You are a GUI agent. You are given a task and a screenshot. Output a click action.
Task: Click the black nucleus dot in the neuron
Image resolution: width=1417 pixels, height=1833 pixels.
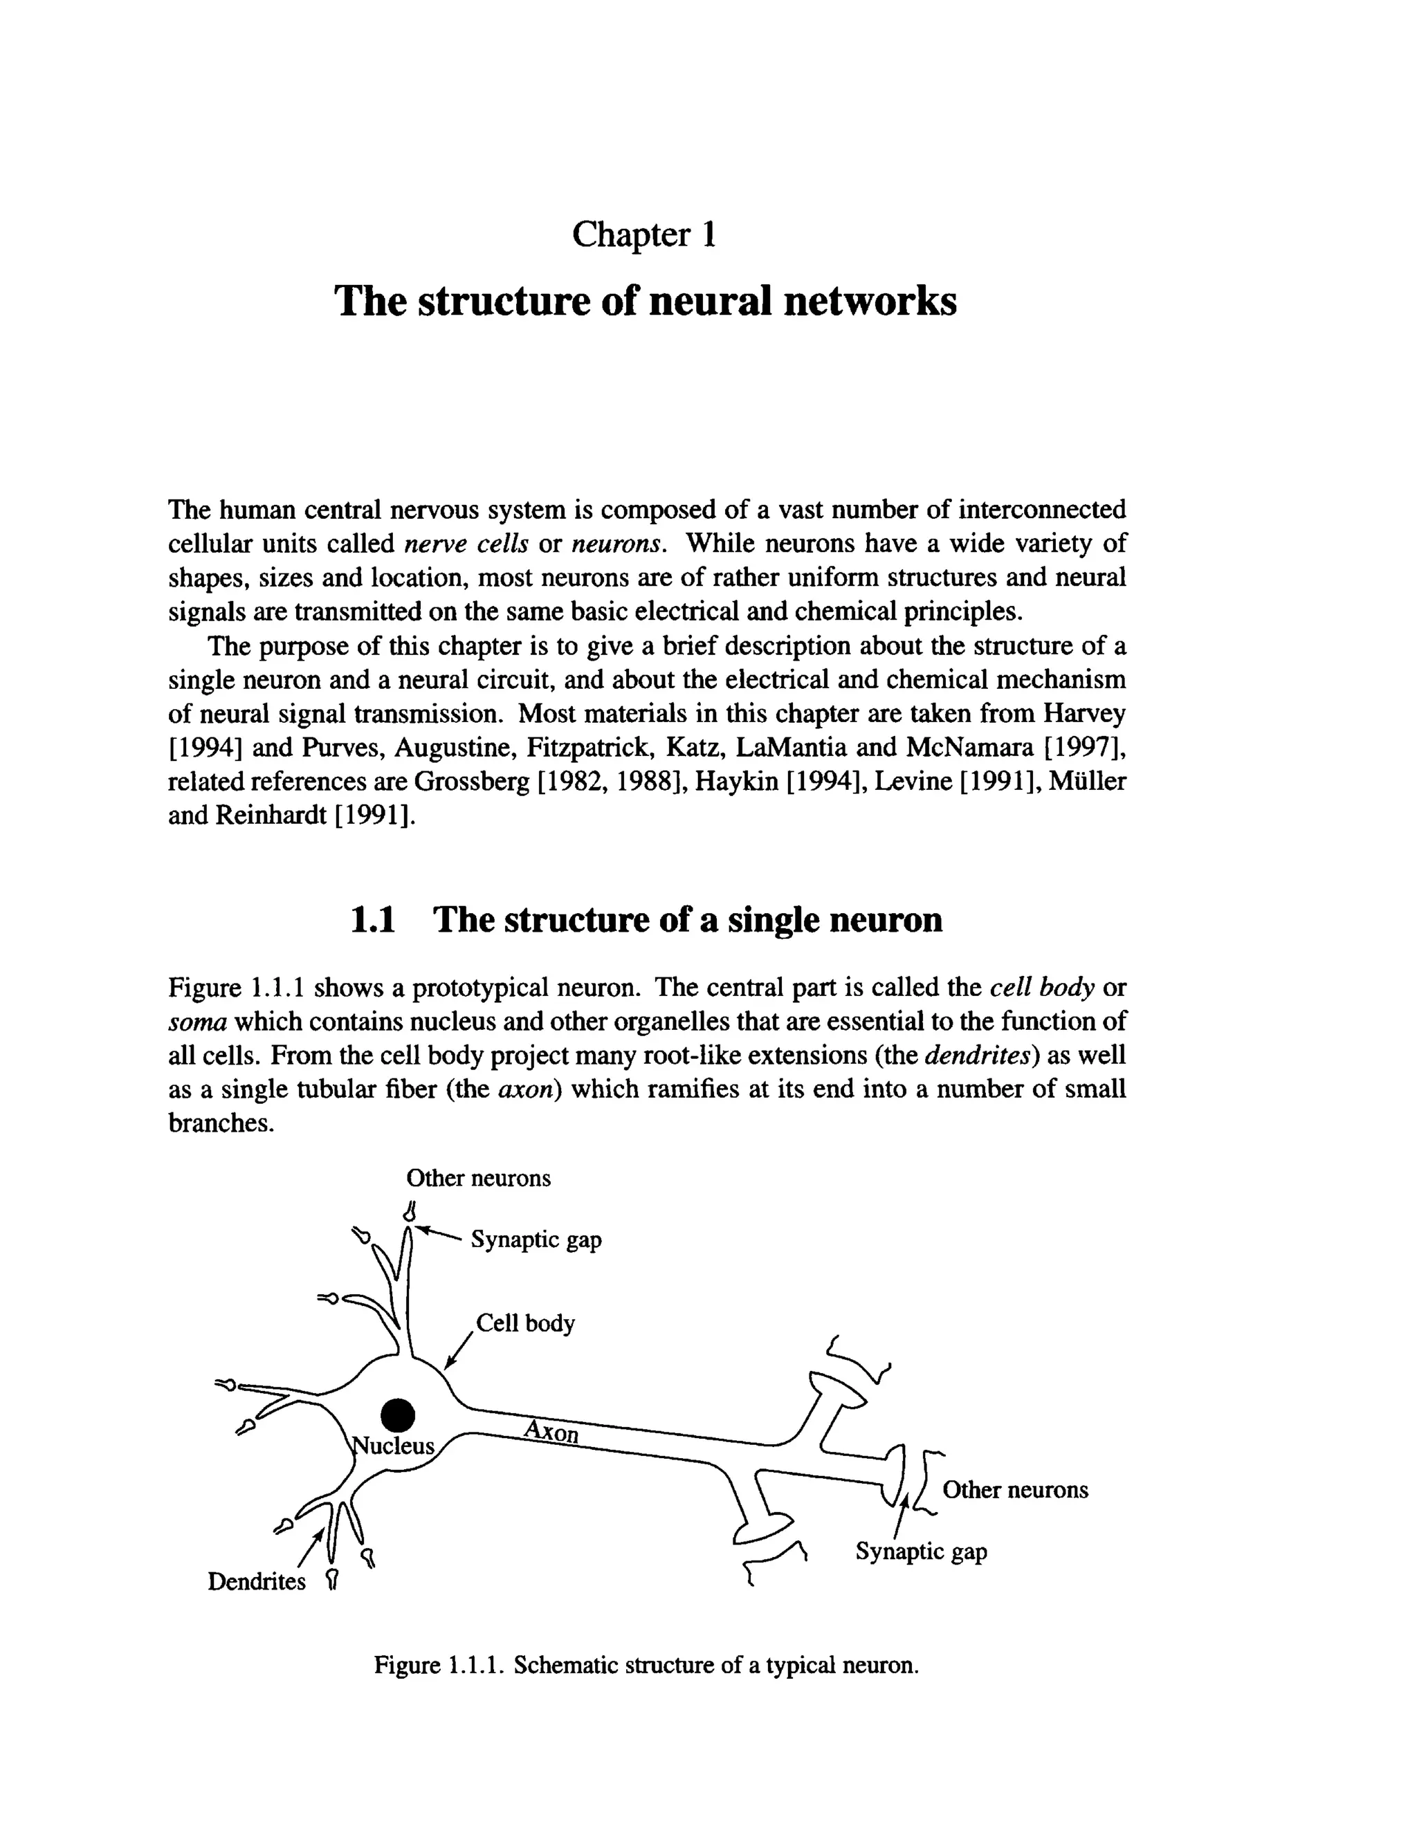click(398, 1415)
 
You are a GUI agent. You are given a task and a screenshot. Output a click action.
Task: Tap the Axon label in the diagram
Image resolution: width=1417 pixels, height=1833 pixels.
click(551, 1430)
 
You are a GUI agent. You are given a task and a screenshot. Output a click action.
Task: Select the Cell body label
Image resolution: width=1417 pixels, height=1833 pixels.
click(526, 1323)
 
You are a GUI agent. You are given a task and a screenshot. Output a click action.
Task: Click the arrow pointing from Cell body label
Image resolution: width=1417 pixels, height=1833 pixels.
click(458, 1350)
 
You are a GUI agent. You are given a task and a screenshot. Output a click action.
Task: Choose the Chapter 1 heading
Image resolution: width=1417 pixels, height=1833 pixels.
click(644, 234)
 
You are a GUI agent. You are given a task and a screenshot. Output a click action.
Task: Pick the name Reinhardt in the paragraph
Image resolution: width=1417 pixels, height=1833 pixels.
click(271, 815)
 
